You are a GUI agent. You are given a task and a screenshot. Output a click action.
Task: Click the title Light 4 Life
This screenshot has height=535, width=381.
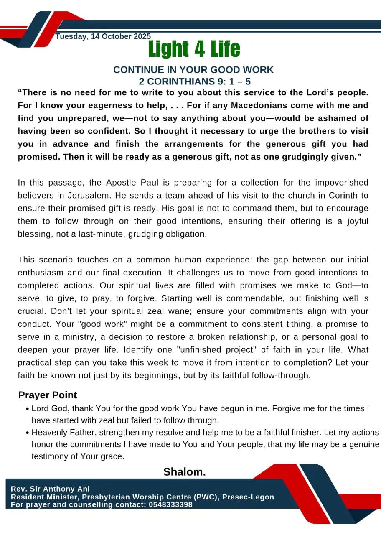(x=194, y=49)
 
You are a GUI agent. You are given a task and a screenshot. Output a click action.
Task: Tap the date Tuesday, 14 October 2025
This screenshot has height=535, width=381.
(x=103, y=36)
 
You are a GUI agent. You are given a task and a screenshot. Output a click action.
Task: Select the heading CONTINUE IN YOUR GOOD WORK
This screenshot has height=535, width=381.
(x=193, y=70)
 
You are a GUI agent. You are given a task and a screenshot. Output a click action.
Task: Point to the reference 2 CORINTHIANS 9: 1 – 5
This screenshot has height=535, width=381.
(x=195, y=81)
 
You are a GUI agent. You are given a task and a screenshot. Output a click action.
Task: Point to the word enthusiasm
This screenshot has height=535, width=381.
(x=41, y=273)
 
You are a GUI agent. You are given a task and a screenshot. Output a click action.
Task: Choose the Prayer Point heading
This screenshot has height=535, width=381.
(x=48, y=395)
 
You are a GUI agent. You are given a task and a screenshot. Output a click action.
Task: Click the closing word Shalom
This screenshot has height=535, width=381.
(x=185, y=472)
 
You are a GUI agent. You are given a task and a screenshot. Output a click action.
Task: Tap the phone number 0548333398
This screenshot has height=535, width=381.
(x=168, y=505)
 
